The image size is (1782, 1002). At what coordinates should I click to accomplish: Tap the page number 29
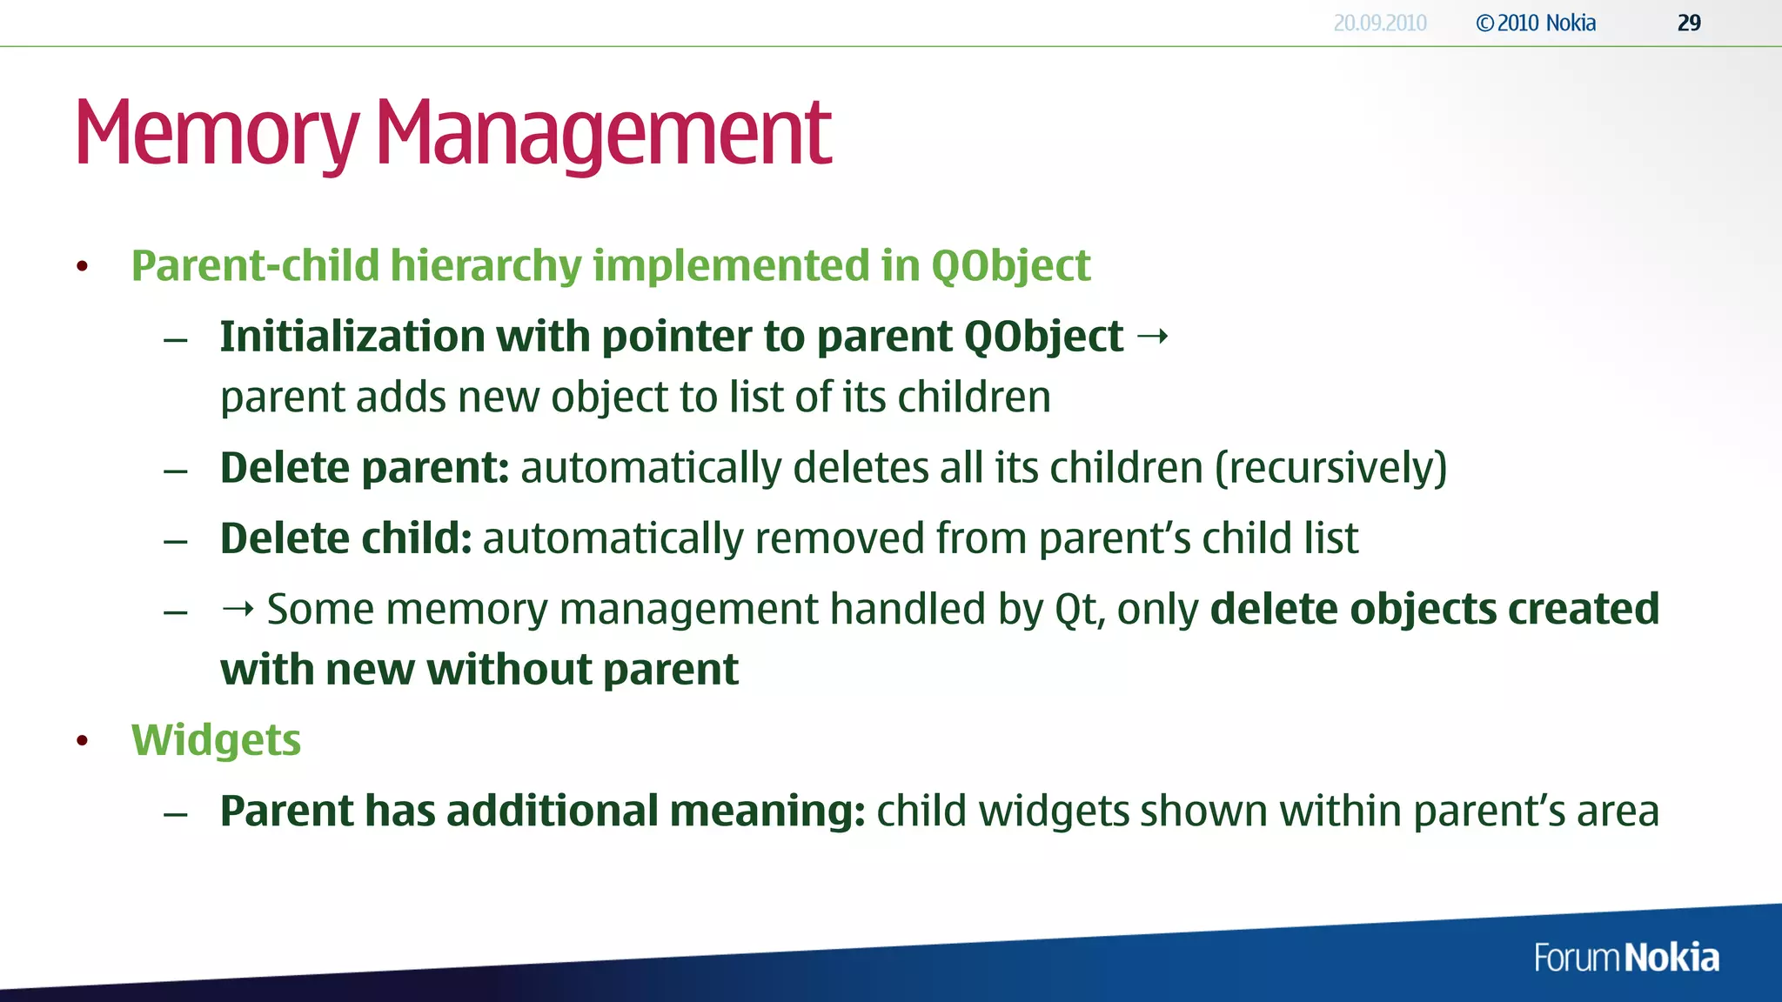pyautogui.click(x=1688, y=23)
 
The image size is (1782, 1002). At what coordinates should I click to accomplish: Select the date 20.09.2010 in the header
pyautogui.click(x=1379, y=23)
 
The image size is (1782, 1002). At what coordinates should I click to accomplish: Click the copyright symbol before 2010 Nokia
pyautogui.click(x=1484, y=23)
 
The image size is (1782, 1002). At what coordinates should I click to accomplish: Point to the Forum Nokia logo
pyautogui.click(x=1625, y=958)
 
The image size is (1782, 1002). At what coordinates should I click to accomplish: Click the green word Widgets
pyautogui.click(x=216, y=740)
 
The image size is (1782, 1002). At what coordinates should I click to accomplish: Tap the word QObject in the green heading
pyautogui.click(x=1010, y=265)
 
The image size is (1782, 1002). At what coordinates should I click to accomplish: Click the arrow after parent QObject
pyautogui.click(x=1153, y=336)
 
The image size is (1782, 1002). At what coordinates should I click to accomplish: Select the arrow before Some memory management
pyautogui.click(x=238, y=609)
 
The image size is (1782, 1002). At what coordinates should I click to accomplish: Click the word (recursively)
pyautogui.click(x=1330, y=468)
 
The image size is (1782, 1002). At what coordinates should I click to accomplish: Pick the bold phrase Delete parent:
pyautogui.click(x=364, y=468)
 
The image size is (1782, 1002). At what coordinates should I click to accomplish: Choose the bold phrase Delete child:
pyautogui.click(x=345, y=538)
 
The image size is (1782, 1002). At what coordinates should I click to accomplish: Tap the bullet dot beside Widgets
pyautogui.click(x=83, y=741)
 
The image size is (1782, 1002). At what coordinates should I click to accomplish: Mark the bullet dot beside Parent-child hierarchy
pyautogui.click(x=83, y=266)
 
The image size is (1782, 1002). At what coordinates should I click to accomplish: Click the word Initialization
pyautogui.click(x=352, y=336)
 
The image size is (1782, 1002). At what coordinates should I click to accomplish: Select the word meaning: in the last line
pyautogui.click(x=767, y=811)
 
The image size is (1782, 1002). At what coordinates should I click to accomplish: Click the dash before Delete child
pyautogui.click(x=176, y=541)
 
